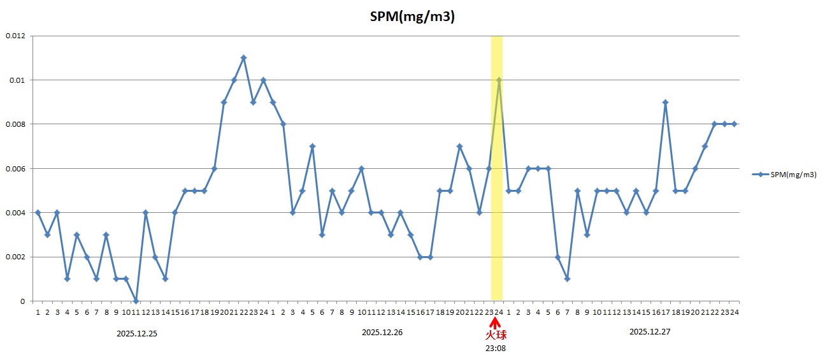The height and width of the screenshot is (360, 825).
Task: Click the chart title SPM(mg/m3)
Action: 412,17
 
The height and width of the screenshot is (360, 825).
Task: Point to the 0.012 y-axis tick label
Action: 15,36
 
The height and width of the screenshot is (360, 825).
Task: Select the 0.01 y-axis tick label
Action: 17,80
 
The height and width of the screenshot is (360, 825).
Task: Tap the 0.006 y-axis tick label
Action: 15,169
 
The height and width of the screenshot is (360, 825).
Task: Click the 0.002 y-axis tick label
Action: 15,257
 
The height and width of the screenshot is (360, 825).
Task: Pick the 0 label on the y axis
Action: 23,301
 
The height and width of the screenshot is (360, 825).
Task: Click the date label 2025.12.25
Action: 137,333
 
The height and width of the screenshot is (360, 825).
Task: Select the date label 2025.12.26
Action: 382,333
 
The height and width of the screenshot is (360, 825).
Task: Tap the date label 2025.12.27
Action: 650,332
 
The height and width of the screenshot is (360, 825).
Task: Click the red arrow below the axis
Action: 496,323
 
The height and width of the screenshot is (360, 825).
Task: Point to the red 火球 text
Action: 496,335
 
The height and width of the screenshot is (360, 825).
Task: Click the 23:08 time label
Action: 496,349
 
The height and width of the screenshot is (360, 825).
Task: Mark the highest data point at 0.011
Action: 243,58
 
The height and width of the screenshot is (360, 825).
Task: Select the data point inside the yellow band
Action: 499,80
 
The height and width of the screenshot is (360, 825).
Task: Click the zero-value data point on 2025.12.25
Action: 136,301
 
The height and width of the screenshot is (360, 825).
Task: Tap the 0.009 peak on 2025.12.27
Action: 665,102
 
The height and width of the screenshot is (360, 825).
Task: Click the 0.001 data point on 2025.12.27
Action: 567,279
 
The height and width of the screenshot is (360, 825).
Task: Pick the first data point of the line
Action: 38,213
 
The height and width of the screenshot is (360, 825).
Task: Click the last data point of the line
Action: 734,124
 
